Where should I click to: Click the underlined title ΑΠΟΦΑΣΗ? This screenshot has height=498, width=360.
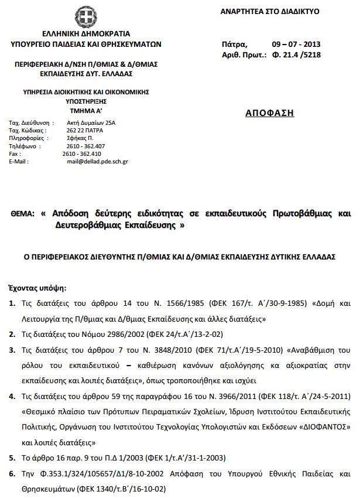click(269, 112)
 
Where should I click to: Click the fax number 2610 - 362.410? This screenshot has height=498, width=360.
click(81, 154)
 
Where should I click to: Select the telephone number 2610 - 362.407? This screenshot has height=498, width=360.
click(85, 146)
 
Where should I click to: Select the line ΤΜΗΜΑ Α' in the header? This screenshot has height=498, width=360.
click(86, 109)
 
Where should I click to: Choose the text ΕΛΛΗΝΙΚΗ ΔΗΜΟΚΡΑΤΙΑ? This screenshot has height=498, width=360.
click(86, 33)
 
